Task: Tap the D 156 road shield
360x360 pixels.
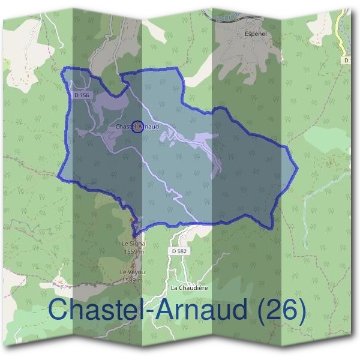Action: pyautogui.click(x=82, y=95)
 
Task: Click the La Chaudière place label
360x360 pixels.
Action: pyautogui.click(x=189, y=287)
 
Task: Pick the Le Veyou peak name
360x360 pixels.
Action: pyautogui.click(x=131, y=272)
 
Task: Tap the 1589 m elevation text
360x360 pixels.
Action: pyautogui.click(x=131, y=280)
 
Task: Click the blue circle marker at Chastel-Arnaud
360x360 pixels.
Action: pyautogui.click(x=137, y=127)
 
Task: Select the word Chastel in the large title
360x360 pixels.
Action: pyautogui.click(x=89, y=310)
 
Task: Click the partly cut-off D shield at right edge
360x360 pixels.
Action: pyautogui.click(x=347, y=60)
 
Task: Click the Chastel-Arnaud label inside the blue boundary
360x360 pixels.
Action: pyautogui.click(x=137, y=127)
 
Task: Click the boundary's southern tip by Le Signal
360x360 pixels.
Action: pyautogui.click(x=134, y=233)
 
